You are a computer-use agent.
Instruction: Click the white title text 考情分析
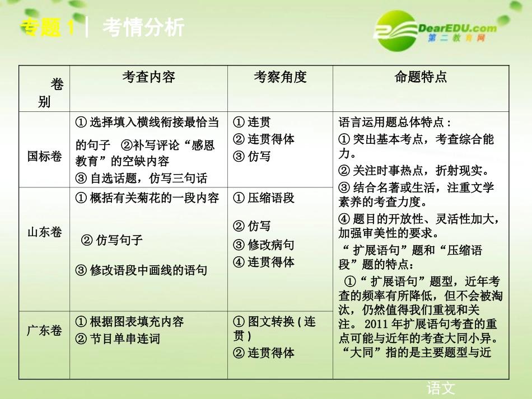[x=143, y=27]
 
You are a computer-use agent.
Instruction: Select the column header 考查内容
[x=148, y=77]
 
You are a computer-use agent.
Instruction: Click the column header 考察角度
[x=280, y=77]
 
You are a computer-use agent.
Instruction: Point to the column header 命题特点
[x=421, y=77]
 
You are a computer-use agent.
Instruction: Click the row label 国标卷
[x=45, y=156]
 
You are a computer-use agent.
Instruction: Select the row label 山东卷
[x=45, y=232]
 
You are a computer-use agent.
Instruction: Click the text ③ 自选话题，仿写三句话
[x=141, y=179]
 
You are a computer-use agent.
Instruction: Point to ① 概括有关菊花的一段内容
[x=147, y=198]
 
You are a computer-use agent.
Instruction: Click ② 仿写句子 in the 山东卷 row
[x=112, y=240]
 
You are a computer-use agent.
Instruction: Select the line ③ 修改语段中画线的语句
[x=141, y=270]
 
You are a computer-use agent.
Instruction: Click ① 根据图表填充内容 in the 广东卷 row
[x=129, y=322]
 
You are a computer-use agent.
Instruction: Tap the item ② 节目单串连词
[x=118, y=339]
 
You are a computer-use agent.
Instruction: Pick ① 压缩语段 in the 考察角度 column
[x=264, y=198]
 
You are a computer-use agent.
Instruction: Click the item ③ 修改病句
[x=264, y=245]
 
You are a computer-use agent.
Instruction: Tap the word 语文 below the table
[x=441, y=388]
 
